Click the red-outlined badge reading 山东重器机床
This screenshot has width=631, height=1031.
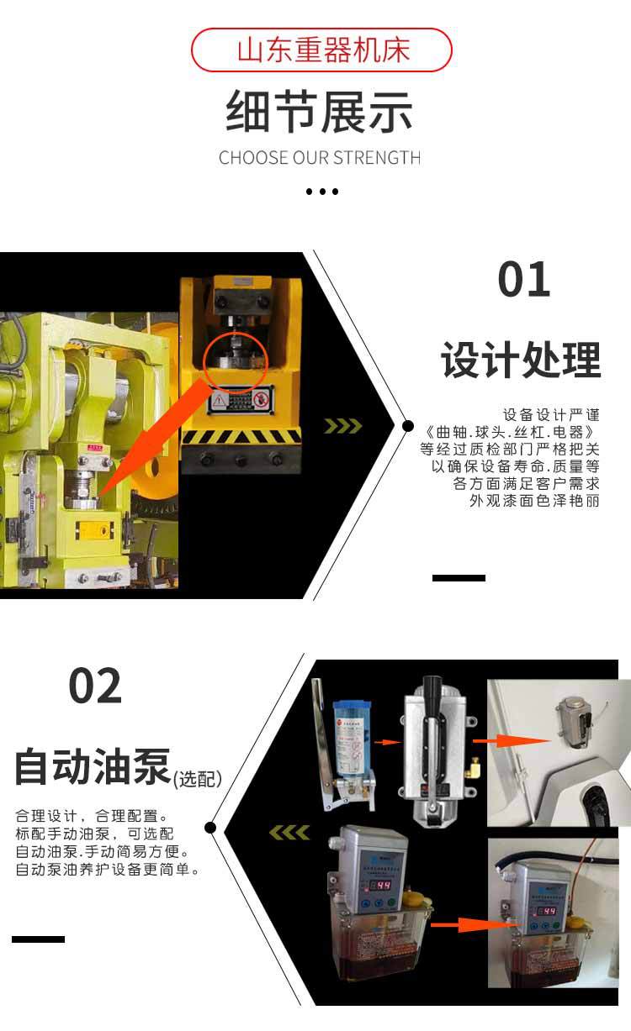tap(322, 50)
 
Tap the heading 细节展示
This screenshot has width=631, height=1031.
tap(320, 113)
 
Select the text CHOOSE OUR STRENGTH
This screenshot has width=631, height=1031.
tap(320, 158)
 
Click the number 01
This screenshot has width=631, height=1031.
tap(523, 280)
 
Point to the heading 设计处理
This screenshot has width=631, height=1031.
tap(521, 360)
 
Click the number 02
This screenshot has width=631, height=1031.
tap(95, 686)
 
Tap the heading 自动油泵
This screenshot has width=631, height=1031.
tap(93, 767)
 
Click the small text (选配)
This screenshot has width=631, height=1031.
tap(197, 780)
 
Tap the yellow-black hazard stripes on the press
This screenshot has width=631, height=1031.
tap(241, 437)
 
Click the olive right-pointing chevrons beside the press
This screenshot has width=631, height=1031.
tap(343, 426)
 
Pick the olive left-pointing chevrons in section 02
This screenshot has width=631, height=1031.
tap(289, 833)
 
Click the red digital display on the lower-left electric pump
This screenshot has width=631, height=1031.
tap(383, 886)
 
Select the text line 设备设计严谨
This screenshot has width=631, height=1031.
tap(551, 415)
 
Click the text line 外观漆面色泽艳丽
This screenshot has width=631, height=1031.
tap(534, 501)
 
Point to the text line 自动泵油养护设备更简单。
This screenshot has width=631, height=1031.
tap(109, 870)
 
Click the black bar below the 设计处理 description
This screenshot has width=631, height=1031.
tap(459, 578)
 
